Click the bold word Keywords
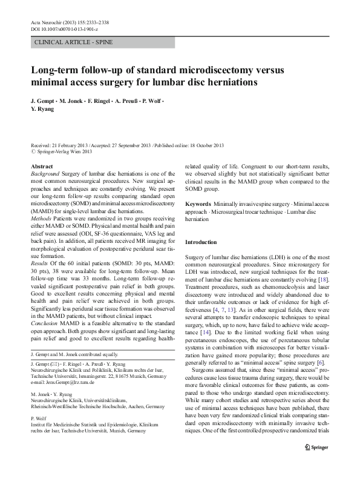pyautogui.click(x=198, y=203)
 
